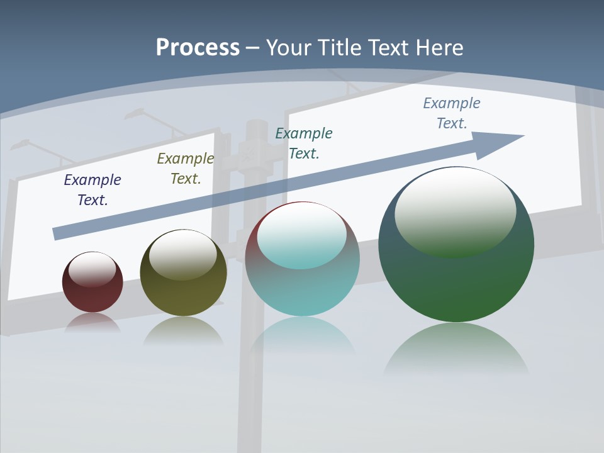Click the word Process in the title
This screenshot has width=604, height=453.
click(198, 48)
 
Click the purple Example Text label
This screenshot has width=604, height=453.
click(92, 190)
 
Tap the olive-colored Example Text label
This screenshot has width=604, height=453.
click(186, 169)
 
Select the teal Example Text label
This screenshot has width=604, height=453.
click(304, 143)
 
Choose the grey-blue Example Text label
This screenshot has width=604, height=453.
click(452, 113)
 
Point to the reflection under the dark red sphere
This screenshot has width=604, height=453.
click(92, 322)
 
